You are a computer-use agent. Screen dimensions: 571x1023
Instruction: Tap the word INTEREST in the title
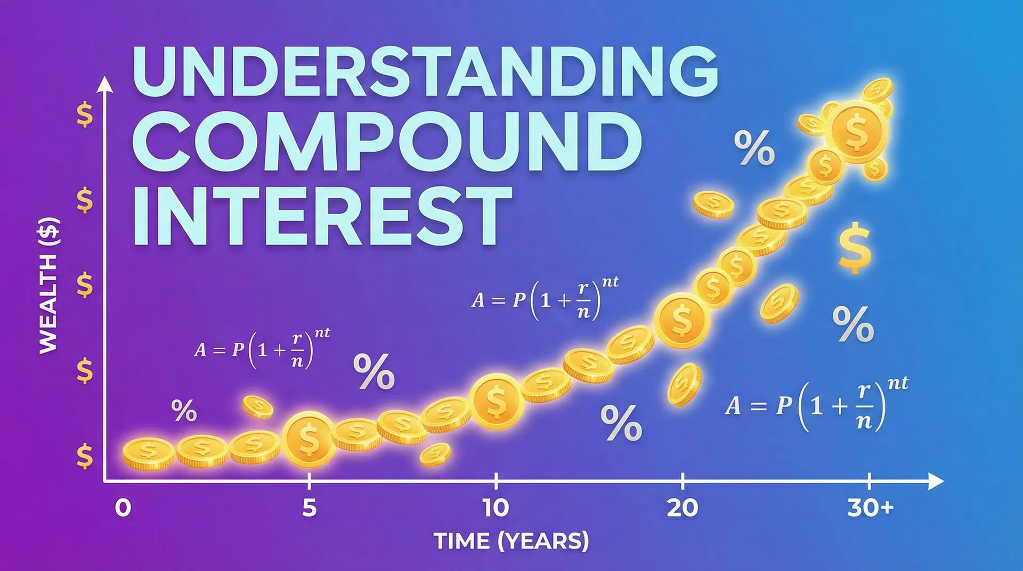(x=322, y=215)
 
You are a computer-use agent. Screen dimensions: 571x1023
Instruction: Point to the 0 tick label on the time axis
(x=123, y=508)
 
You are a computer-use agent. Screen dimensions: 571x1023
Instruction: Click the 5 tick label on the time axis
(x=309, y=508)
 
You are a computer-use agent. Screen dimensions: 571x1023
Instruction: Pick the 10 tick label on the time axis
(x=496, y=508)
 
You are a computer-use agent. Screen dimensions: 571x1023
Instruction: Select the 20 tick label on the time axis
(x=683, y=508)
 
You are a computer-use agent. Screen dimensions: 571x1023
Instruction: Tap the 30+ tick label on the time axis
(x=870, y=508)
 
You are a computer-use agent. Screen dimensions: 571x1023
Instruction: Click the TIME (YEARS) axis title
(x=511, y=541)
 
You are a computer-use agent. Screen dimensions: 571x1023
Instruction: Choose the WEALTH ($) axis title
(x=48, y=285)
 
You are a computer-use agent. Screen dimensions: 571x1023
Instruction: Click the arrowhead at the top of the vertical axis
(x=106, y=84)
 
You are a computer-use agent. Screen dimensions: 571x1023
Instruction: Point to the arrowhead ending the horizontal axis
(x=936, y=481)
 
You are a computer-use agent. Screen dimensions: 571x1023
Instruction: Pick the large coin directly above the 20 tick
(x=681, y=320)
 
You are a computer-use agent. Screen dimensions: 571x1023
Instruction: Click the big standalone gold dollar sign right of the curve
(x=855, y=248)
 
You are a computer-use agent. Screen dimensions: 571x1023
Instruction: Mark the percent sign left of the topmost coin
(x=754, y=148)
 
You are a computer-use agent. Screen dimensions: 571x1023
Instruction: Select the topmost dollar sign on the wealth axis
(x=85, y=115)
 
